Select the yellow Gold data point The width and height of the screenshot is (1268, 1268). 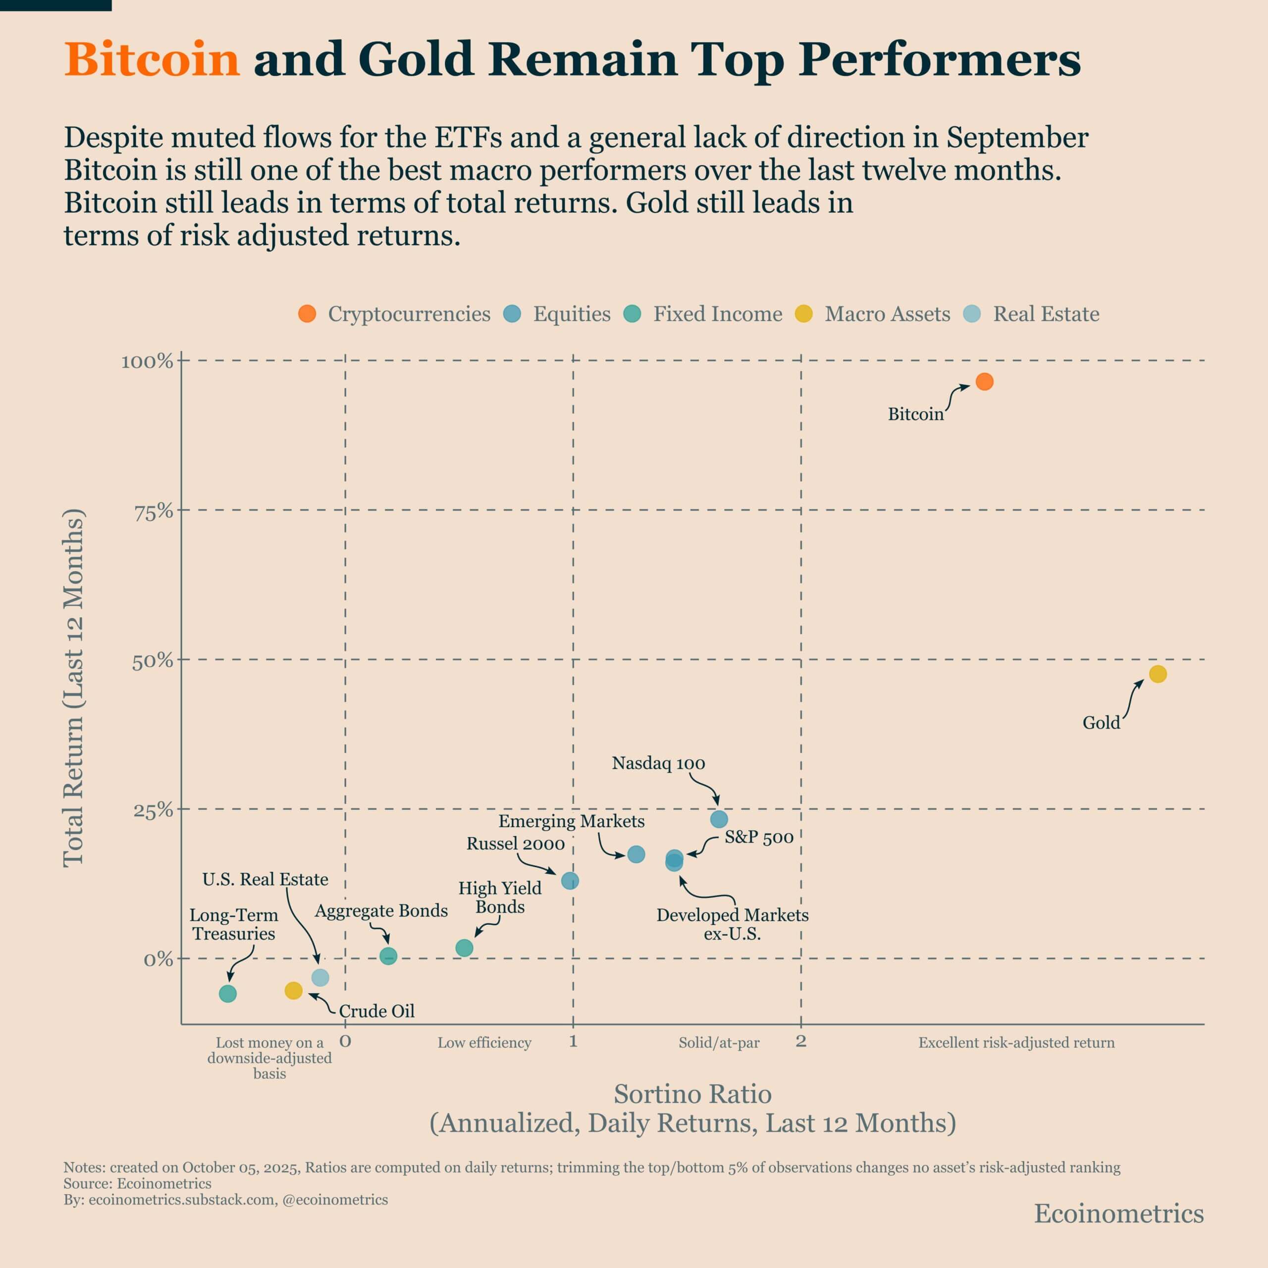[1158, 674]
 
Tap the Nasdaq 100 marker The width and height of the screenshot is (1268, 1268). [719, 819]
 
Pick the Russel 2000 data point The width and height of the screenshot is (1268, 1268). [570, 881]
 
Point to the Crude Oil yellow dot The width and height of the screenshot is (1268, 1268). [293, 991]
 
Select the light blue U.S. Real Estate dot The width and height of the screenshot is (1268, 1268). [319, 978]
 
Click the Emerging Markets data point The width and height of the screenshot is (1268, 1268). [636, 854]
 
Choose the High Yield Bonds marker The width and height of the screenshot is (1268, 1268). [464, 948]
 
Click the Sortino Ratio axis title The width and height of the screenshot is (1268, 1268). [692, 1094]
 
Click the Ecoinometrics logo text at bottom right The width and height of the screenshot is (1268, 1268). [1119, 1214]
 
